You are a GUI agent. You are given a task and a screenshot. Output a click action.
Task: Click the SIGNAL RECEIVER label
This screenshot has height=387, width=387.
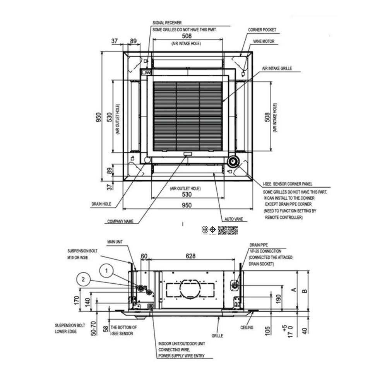pyautogui.click(x=167, y=23)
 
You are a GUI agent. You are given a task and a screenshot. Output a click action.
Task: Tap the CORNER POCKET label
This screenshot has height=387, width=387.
pyautogui.click(x=262, y=30)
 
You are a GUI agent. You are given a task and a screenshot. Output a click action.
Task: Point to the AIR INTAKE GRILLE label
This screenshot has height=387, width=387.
pyautogui.click(x=277, y=68)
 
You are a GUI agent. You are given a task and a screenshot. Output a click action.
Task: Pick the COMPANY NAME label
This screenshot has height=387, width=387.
pyautogui.click(x=120, y=222)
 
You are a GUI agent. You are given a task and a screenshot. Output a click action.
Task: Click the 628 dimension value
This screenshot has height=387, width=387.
pyautogui.click(x=190, y=256)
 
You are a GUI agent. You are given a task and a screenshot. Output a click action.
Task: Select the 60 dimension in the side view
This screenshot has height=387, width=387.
pyautogui.click(x=144, y=256)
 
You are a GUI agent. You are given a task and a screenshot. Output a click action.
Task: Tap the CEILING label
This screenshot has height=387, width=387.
pyautogui.click(x=247, y=327)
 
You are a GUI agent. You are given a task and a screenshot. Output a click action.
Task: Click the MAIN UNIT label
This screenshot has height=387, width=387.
pyautogui.click(x=115, y=241)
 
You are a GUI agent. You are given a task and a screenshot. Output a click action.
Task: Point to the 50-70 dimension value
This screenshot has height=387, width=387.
pyautogui.click(x=93, y=328)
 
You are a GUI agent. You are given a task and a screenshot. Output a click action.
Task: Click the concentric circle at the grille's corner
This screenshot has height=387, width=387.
pyautogui.click(x=233, y=161)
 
